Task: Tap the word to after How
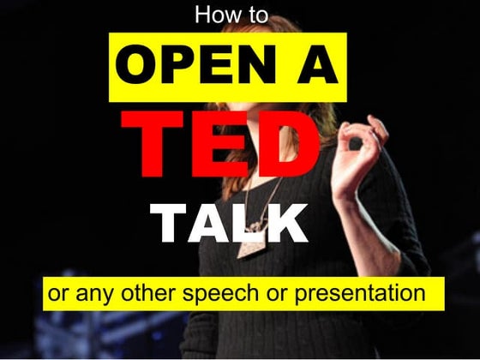tap(256, 15)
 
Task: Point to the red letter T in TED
tap(153, 141)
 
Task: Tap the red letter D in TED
tap(289, 141)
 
